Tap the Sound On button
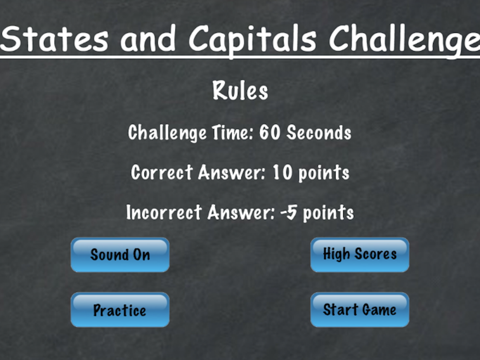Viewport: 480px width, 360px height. pos(120,255)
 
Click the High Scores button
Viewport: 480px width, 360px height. pos(360,255)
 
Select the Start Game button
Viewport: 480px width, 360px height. pos(360,310)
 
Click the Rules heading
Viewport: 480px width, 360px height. pos(240,91)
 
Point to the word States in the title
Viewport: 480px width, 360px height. pos(55,38)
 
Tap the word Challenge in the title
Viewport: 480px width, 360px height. pos(404,40)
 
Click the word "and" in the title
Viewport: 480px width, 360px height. pos(148,38)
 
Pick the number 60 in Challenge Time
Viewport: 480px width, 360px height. pos(270,132)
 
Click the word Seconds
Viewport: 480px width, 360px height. pos(319,132)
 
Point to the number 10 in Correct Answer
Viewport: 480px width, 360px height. pos(282,172)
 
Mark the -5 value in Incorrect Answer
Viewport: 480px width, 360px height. pos(288,213)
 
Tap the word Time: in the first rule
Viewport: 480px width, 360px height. pos(233,132)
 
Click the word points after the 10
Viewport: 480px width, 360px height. pos(324,173)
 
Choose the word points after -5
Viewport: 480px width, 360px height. pos(328,213)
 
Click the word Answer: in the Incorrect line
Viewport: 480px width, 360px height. pos(241,212)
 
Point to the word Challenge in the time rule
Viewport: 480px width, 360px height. pos(167,133)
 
